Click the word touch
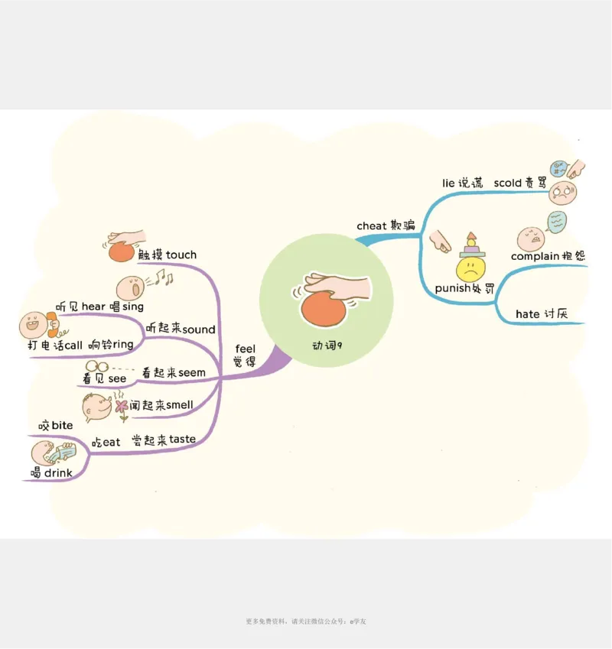(x=181, y=255)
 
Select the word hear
(x=93, y=307)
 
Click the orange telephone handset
(x=53, y=327)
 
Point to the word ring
(x=123, y=345)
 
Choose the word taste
(x=182, y=439)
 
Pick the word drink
(x=58, y=473)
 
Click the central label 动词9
(x=327, y=345)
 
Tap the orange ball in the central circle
(x=327, y=309)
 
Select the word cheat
(x=372, y=226)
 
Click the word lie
(x=449, y=183)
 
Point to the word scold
(x=508, y=183)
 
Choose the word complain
(x=535, y=256)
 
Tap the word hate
(x=527, y=314)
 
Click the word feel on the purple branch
(x=246, y=349)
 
